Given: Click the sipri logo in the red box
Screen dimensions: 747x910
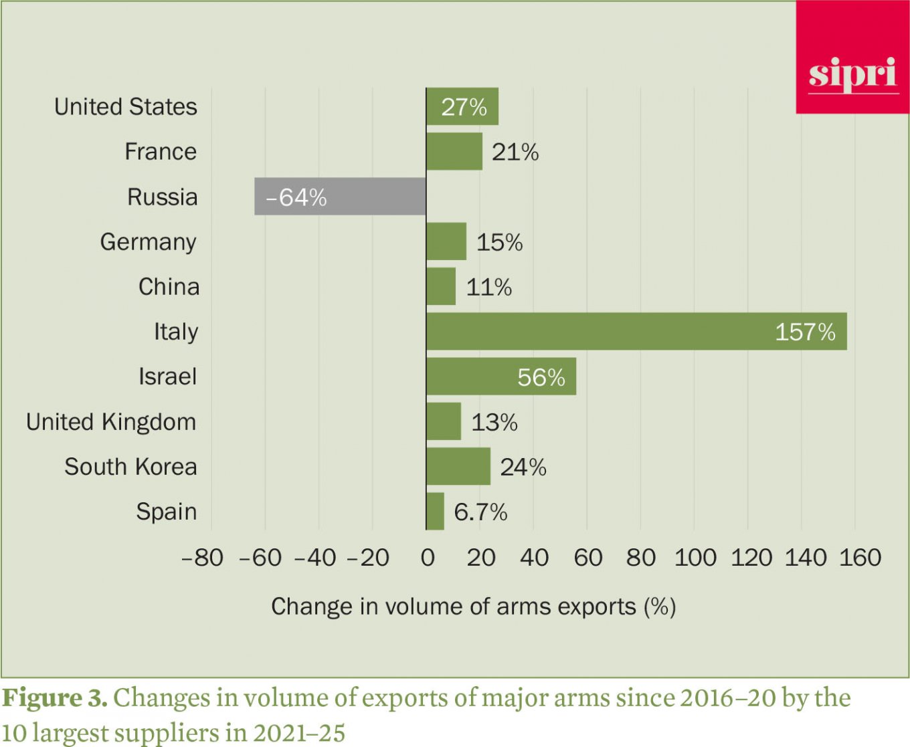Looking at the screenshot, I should [852, 73].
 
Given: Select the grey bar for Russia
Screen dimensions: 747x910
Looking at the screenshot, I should [340, 197].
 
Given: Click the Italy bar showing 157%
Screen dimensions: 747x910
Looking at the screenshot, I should [636, 332].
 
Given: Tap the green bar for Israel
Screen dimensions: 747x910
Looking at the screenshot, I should [500, 377].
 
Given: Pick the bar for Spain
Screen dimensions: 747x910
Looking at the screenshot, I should [435, 512].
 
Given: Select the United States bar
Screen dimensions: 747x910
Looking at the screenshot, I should [462, 106].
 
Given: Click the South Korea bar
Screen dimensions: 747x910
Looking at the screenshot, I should [458, 467].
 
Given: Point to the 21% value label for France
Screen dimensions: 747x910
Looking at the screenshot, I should [515, 152].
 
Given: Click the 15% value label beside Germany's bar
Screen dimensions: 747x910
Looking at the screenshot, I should [499, 242].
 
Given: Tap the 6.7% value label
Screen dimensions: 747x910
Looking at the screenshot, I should [480, 512].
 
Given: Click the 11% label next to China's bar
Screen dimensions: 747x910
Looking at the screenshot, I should [488, 288].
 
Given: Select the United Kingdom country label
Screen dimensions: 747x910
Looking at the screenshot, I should [111, 422].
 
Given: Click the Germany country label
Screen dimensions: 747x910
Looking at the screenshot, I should [148, 242].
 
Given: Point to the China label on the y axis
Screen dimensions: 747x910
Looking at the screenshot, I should [169, 287].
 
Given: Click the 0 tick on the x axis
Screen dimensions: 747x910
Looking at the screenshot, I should [428, 558].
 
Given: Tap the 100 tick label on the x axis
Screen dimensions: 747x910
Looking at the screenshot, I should [695, 558].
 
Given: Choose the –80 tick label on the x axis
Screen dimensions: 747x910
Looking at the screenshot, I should [202, 558].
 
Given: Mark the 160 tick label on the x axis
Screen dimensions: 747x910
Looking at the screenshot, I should [860, 558].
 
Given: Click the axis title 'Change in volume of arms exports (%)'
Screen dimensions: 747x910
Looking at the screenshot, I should [473, 607].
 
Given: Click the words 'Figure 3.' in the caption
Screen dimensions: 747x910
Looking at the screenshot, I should [55, 698].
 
